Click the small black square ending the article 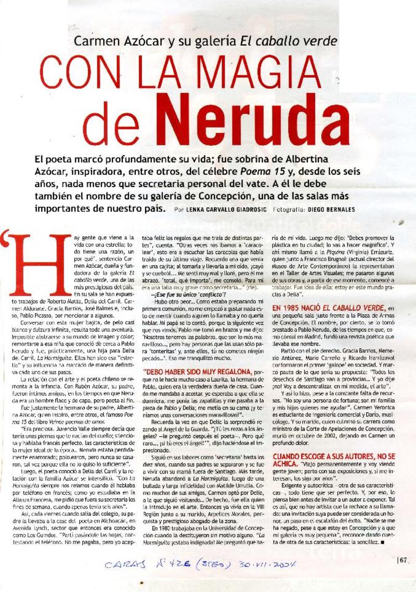click(x=383, y=543)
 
